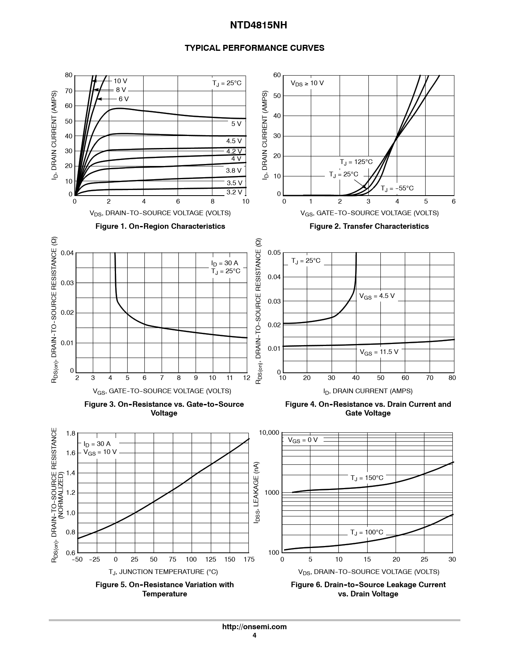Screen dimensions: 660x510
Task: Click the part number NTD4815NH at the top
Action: pos(254,26)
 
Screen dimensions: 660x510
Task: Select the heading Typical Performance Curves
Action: pos(254,48)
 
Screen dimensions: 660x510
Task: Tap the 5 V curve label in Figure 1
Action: pos(236,124)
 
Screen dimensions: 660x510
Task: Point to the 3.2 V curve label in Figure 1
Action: pos(234,192)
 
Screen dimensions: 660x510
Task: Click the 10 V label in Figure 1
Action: pos(120,81)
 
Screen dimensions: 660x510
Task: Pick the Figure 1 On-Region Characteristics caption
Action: pos(160,226)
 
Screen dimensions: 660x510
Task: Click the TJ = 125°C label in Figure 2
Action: pos(356,162)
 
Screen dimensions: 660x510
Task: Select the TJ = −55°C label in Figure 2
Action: pos(397,188)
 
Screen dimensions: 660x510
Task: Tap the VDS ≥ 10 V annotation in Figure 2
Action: pos(307,83)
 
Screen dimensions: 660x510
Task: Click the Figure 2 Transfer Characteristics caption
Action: pos(369,226)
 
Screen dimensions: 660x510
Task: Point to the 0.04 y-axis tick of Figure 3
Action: pos(67,253)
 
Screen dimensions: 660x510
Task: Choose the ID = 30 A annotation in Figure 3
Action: pos(224,263)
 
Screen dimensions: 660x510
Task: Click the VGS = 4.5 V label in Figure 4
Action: pos(377,296)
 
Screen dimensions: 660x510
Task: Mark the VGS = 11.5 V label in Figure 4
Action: pos(379,352)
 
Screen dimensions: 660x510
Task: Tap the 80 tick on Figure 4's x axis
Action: pos(452,378)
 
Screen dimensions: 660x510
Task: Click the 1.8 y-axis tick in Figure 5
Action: pos(70,434)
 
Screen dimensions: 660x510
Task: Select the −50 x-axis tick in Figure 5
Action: pos(77,560)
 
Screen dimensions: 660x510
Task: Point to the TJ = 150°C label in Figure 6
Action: pos(367,478)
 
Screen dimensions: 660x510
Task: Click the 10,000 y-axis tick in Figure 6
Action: pos(268,433)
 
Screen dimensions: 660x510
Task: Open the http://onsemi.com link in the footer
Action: pos(254,627)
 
